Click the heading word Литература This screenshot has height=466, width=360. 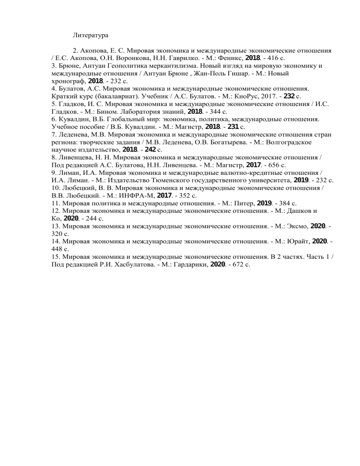click(90, 35)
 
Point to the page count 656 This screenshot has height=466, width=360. click(273, 165)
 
